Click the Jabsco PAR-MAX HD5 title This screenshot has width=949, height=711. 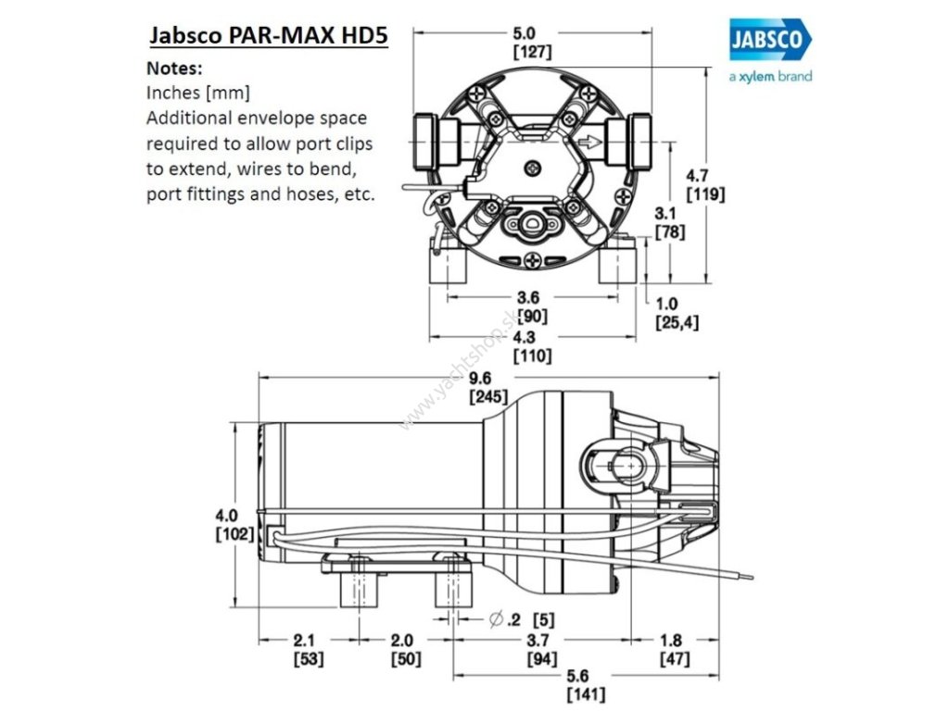pyautogui.click(x=268, y=36)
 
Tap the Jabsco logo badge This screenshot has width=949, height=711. pyautogui.click(x=769, y=41)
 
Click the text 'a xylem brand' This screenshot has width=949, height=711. pyautogui.click(x=770, y=77)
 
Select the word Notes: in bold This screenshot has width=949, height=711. pyautogui.click(x=174, y=69)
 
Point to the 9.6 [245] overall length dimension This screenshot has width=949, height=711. pyautogui.click(x=487, y=388)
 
